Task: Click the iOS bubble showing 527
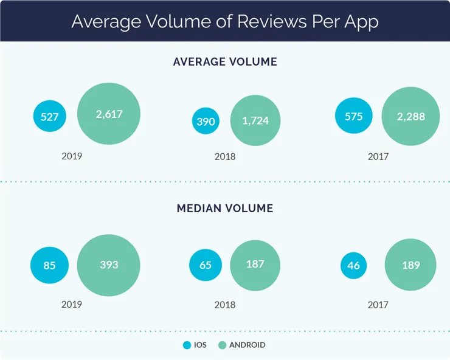point(49,117)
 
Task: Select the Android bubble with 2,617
point(109,114)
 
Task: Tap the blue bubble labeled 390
point(206,121)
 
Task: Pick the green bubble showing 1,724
point(255,121)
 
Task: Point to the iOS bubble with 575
point(353,116)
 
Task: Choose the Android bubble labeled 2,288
point(410,116)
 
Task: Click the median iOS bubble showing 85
point(50,265)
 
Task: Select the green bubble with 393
point(109,265)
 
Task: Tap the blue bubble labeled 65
point(206,265)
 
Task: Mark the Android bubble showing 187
point(255,265)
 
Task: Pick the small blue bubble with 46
point(353,265)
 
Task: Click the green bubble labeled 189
point(410,265)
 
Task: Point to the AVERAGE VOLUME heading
point(225,61)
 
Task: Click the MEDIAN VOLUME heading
point(225,209)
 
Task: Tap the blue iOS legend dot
point(187,345)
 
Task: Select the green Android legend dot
point(222,345)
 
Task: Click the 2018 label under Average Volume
point(225,156)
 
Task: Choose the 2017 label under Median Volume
point(378,305)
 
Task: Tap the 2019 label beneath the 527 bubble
point(72,156)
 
